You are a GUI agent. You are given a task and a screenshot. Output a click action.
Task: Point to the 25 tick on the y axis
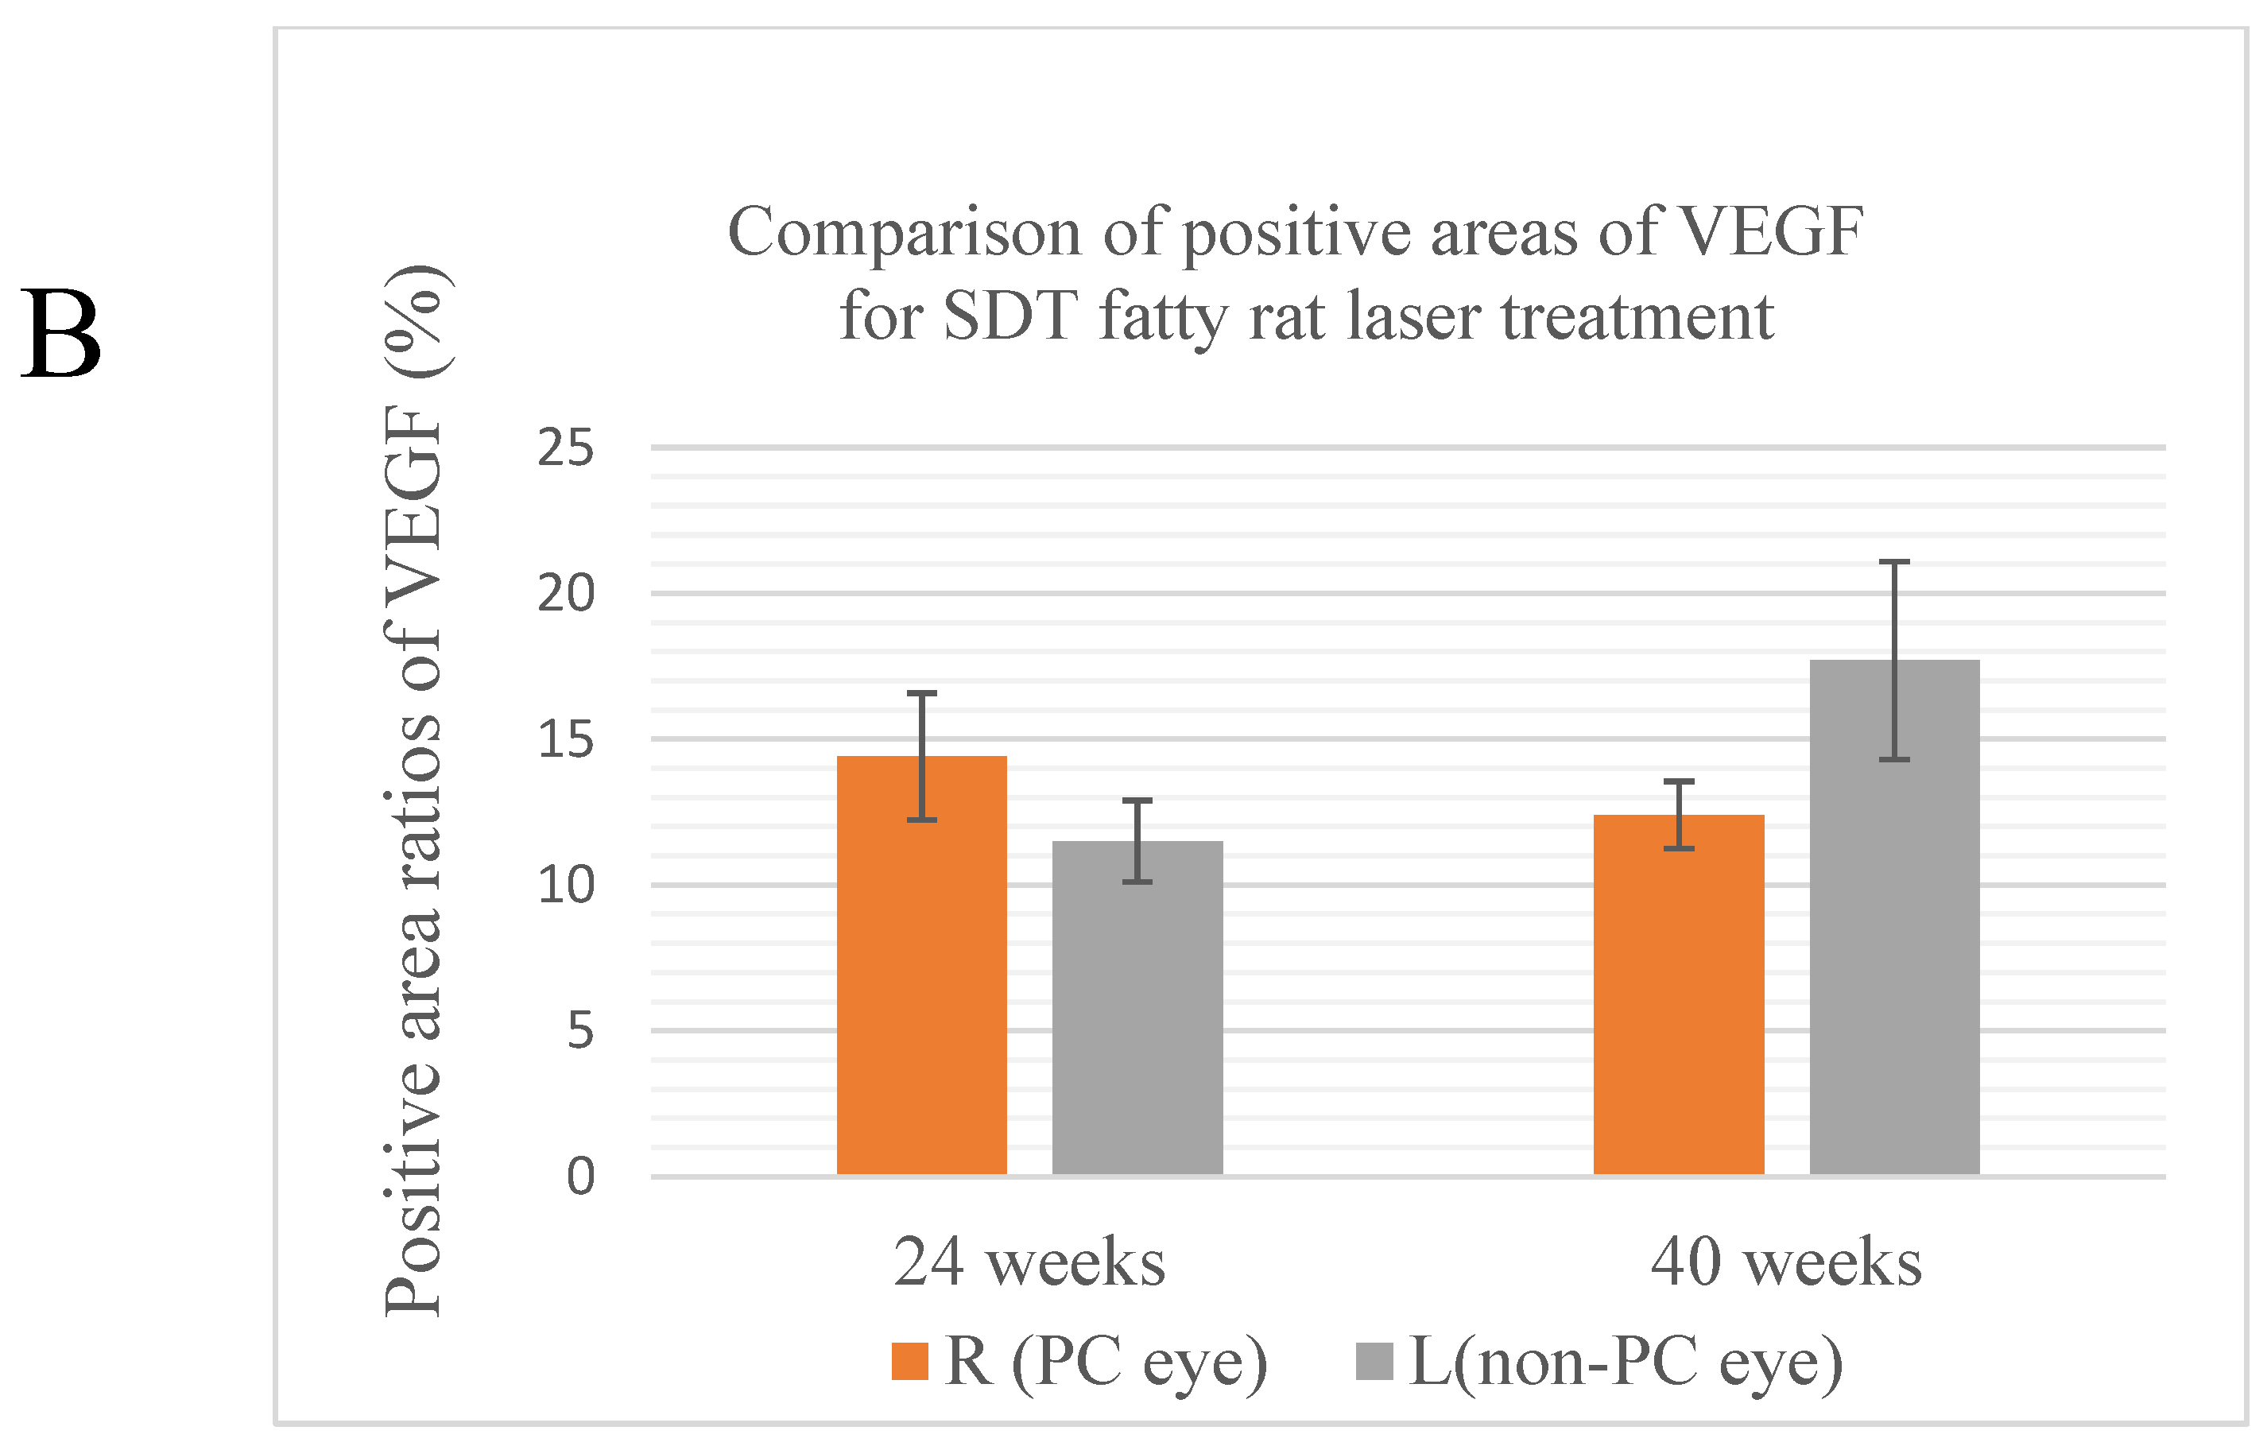[x=566, y=448]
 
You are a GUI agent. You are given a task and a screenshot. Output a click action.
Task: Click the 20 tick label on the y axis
[x=566, y=594]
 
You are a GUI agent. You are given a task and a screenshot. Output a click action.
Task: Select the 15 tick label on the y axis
[x=566, y=740]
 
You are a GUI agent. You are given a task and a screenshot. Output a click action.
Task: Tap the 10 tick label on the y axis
[x=566, y=886]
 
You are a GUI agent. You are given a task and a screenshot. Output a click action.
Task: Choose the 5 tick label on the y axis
[x=580, y=1031]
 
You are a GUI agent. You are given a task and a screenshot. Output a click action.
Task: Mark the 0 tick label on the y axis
[x=580, y=1177]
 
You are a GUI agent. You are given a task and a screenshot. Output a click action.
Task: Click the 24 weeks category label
[x=1029, y=1262]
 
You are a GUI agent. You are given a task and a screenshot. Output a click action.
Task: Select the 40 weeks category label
[x=1786, y=1262]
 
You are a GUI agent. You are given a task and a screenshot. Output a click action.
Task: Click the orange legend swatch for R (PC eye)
[x=909, y=1361]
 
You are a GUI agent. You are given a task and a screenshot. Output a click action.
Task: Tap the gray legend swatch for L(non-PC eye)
[x=1374, y=1361]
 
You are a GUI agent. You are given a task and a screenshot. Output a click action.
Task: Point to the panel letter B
[x=60, y=335]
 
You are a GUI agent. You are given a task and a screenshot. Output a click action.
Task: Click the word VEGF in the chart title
[x=1770, y=231]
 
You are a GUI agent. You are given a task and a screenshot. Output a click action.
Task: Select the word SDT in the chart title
[x=1009, y=316]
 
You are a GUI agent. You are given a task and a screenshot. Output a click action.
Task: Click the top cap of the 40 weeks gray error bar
[x=1894, y=562]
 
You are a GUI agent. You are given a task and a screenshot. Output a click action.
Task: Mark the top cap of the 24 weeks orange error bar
[x=922, y=694]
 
